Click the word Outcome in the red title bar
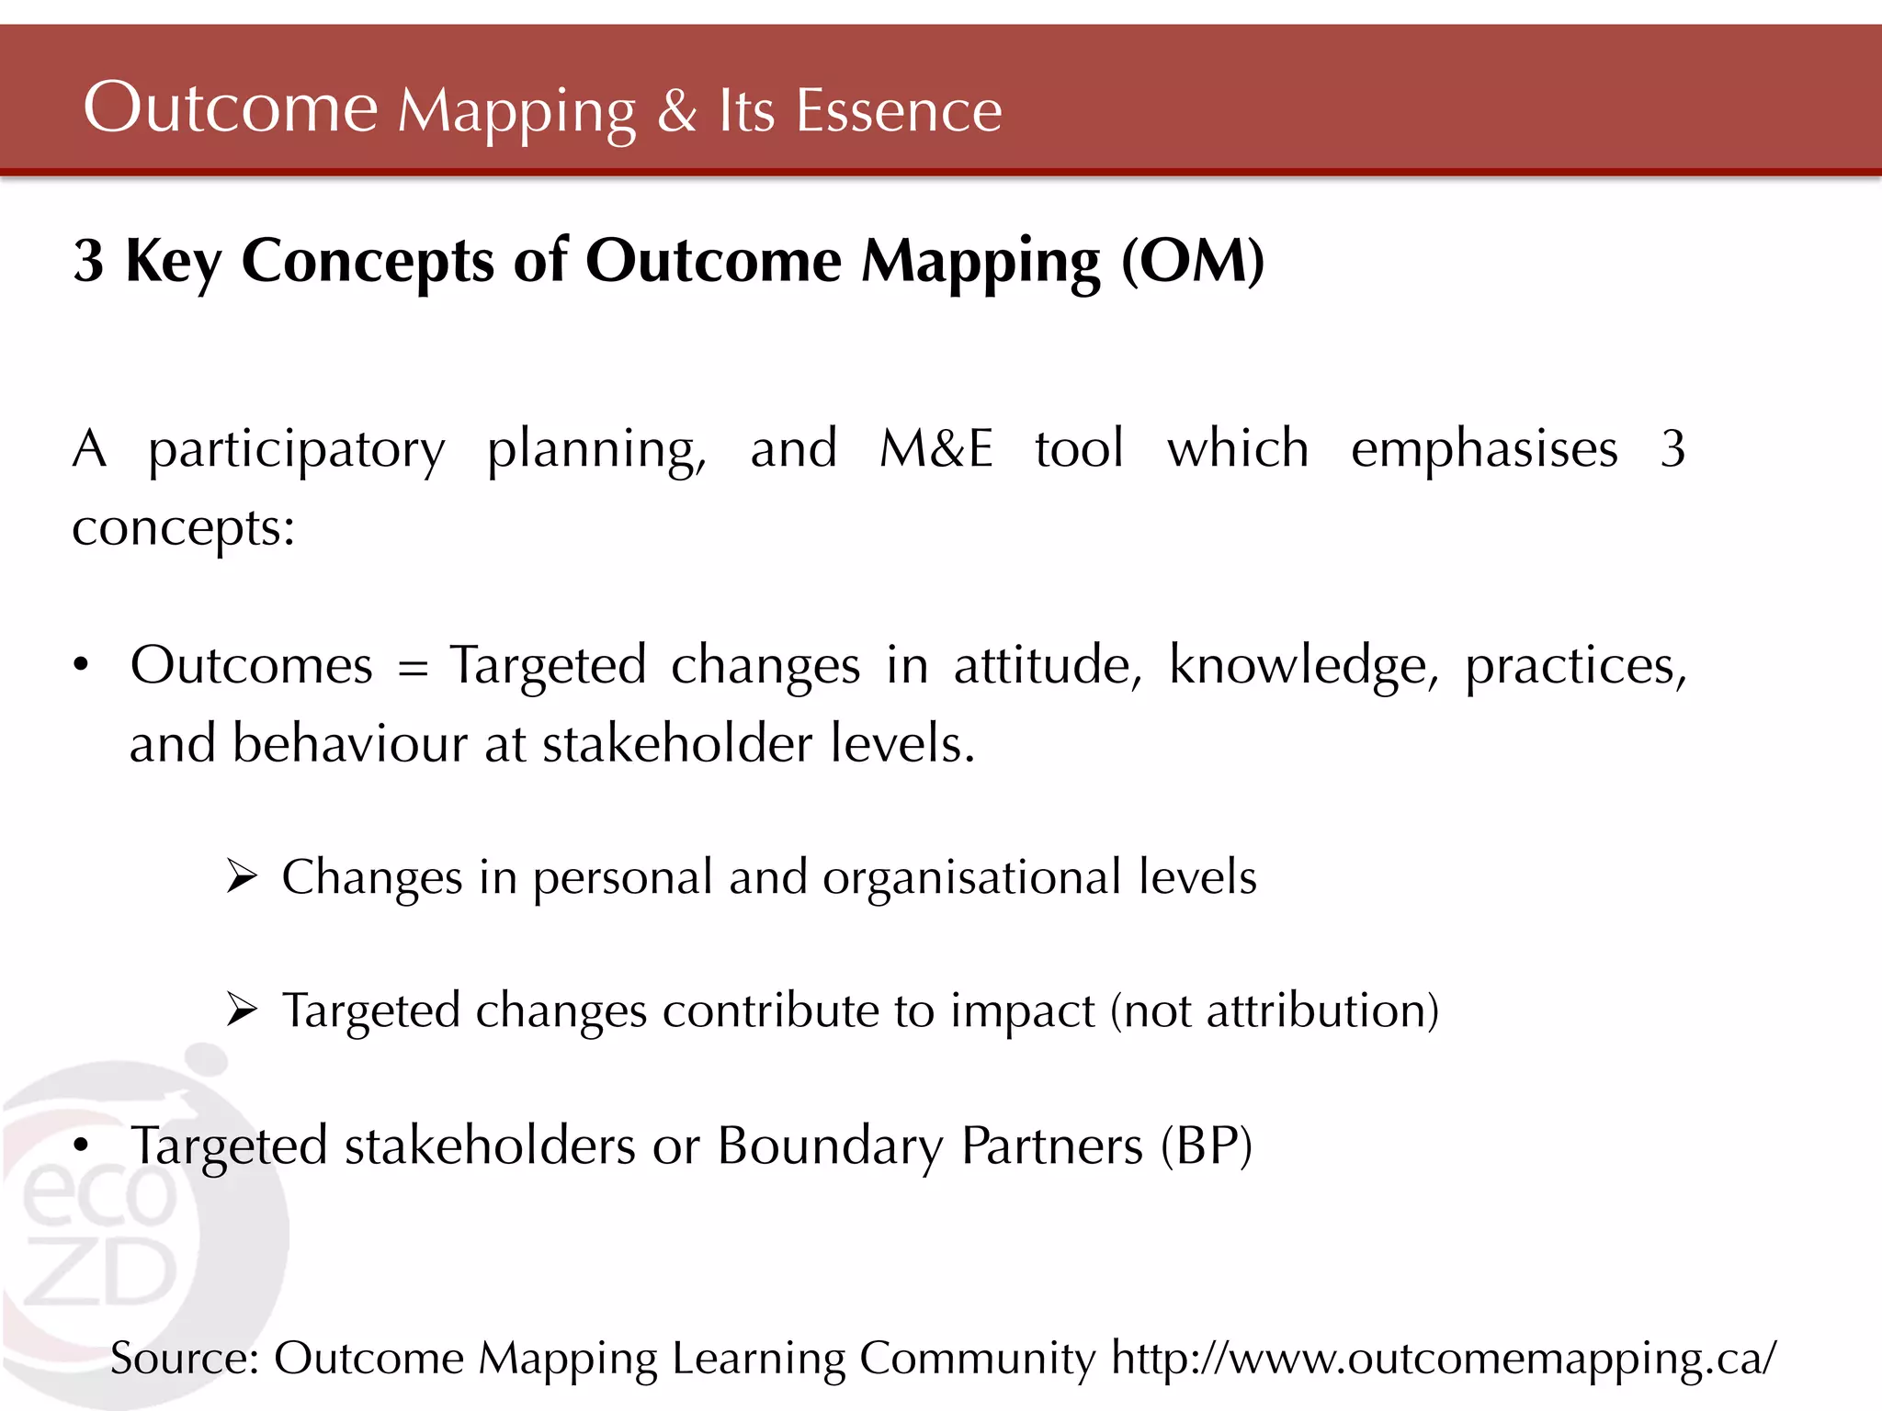pos(230,108)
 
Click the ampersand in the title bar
pos(677,111)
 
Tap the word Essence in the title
pos(898,111)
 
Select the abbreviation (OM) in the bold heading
pos(1193,262)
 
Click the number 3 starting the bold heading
pos(88,262)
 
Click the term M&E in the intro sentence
pos(935,449)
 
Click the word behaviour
pos(349,743)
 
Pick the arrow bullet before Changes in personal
pos(242,877)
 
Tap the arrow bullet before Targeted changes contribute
pos(242,1010)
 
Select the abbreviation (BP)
pos(1206,1146)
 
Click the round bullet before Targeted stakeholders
pos(82,1146)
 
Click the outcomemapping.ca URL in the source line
pos(1443,1359)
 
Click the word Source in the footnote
pos(184,1359)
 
